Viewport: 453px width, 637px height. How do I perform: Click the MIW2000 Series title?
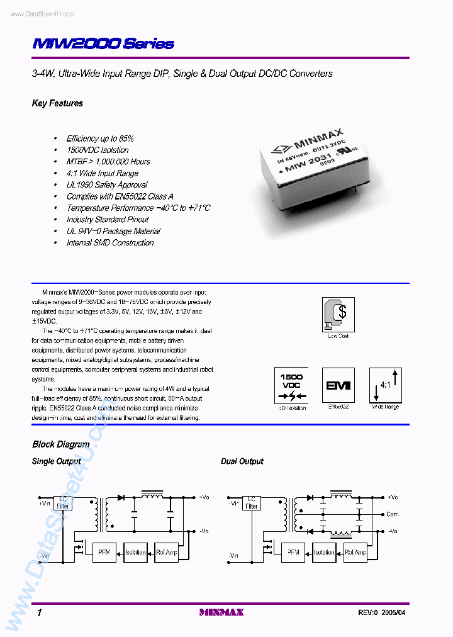click(103, 43)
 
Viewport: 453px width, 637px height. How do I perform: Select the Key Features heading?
click(57, 103)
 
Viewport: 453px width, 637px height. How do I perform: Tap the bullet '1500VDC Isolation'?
click(98, 150)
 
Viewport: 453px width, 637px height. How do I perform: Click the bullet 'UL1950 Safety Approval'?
click(107, 184)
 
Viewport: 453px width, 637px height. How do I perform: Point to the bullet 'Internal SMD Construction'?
click(110, 242)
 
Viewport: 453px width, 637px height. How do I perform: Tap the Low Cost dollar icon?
click(338, 313)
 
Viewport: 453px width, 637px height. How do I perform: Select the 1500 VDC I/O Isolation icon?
click(291, 385)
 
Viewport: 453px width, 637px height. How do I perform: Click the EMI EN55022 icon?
click(338, 385)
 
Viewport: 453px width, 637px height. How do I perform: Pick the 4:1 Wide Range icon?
click(385, 385)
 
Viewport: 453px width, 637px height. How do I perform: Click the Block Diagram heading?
click(60, 444)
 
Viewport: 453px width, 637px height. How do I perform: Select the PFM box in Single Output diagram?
click(103, 552)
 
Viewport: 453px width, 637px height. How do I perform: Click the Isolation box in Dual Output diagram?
click(324, 552)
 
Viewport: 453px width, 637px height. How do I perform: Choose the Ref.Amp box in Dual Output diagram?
click(355, 552)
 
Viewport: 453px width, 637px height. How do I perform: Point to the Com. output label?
click(393, 514)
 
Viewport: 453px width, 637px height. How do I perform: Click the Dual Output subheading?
click(242, 461)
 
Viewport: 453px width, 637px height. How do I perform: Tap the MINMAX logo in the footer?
click(221, 612)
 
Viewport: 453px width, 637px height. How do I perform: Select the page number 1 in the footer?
click(39, 612)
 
